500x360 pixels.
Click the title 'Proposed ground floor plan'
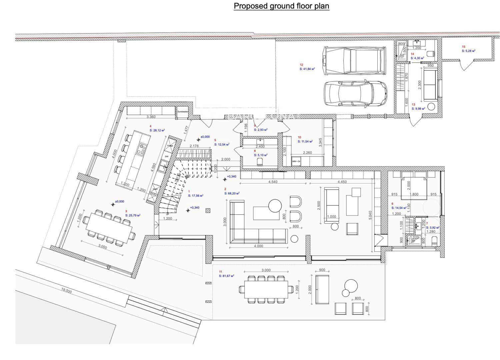click(281, 6)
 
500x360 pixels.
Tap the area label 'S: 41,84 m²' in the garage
click(307, 69)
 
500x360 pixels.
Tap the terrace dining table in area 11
click(266, 289)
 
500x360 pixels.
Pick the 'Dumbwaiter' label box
click(183, 112)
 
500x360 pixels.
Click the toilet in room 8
click(260, 162)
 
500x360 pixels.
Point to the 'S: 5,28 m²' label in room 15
click(468, 51)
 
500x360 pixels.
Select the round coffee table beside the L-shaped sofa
click(275, 206)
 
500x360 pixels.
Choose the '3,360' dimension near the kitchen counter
click(151, 117)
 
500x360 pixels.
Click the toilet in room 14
click(431, 53)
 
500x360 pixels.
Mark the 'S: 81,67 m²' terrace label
click(226, 276)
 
